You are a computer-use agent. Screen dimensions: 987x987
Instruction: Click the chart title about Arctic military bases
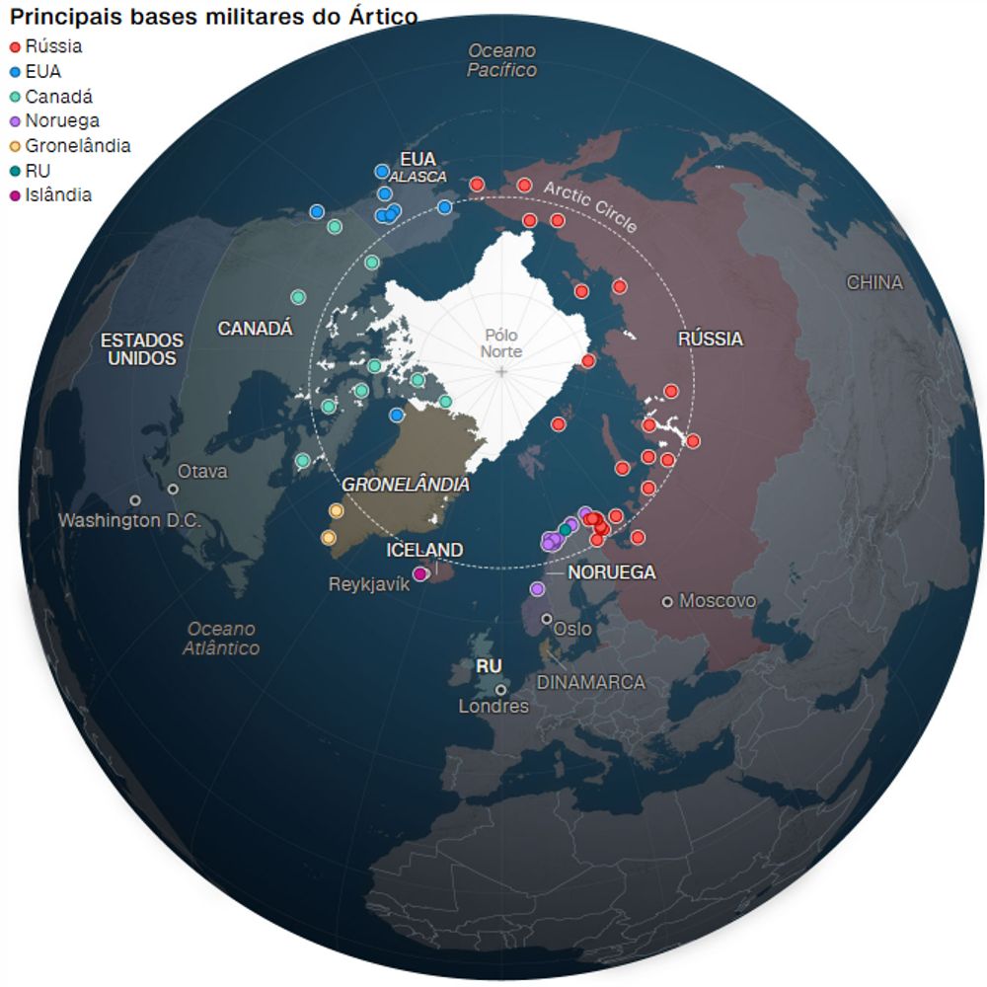(213, 17)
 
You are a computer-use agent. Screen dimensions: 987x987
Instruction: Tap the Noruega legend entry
(61, 121)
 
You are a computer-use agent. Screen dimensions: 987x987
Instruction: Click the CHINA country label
(874, 282)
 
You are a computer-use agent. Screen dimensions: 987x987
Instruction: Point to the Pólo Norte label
(501, 343)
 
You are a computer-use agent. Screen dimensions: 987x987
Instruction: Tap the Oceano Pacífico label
(501, 60)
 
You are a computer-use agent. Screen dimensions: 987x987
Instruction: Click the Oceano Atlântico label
(221, 639)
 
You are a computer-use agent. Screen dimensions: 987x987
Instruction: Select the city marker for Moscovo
(668, 601)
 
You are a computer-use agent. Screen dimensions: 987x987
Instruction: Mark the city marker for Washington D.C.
(135, 500)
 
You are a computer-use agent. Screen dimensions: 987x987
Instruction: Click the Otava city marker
(173, 489)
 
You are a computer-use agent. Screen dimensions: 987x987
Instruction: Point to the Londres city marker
(501, 690)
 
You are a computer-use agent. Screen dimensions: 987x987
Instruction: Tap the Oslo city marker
(546, 619)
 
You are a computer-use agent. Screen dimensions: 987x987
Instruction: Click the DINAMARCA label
(590, 682)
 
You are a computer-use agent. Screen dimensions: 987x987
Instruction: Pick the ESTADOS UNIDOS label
(142, 349)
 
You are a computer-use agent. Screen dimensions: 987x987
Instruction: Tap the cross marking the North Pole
(502, 371)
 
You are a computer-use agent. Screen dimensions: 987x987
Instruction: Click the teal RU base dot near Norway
(565, 530)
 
